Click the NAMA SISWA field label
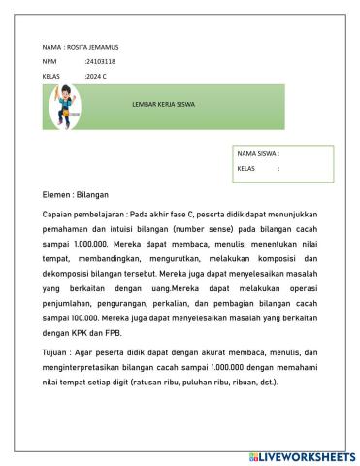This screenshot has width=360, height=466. click(257, 153)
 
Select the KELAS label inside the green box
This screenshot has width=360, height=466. click(246, 168)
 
